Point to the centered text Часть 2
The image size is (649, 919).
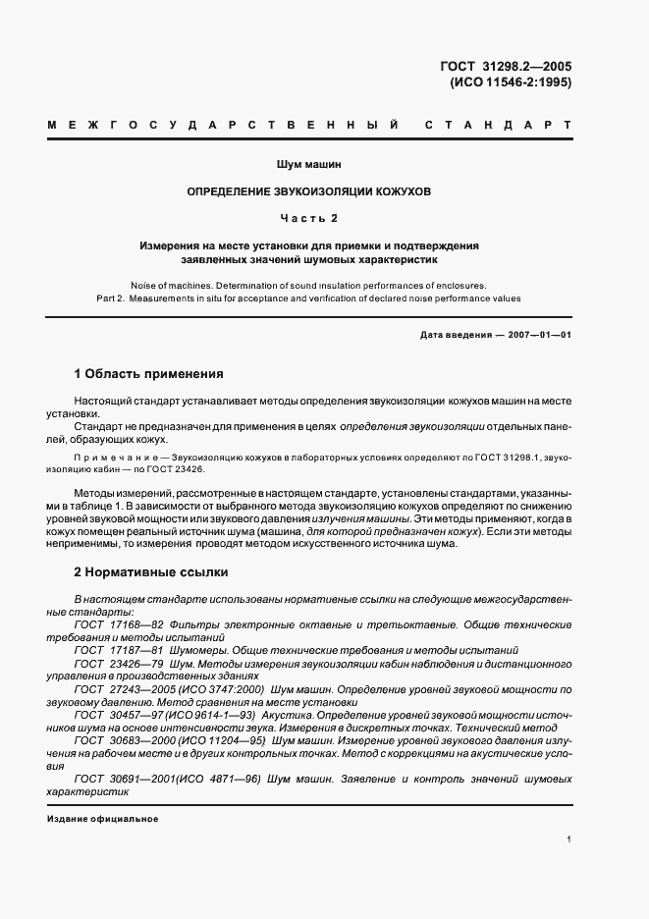pyautogui.click(x=309, y=217)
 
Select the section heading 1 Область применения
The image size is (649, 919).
pyautogui.click(x=149, y=374)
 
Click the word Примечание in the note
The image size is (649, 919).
pyautogui.click(x=117, y=458)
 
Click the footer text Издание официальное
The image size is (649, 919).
pyautogui.click(x=102, y=819)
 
